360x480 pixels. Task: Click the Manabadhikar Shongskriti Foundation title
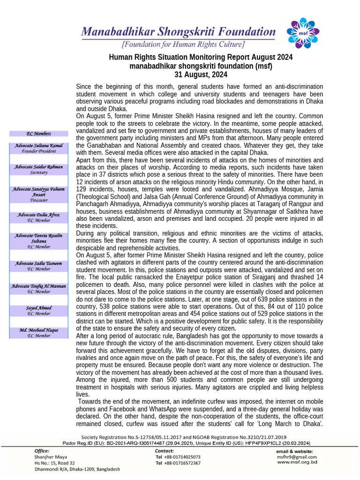point(178,32)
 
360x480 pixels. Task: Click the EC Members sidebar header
point(38,134)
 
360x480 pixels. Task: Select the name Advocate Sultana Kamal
point(38,146)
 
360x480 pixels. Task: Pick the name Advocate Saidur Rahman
point(38,167)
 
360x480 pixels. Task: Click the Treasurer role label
point(38,200)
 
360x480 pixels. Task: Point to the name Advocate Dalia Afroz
point(38,215)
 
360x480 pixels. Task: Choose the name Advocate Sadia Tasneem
point(38,264)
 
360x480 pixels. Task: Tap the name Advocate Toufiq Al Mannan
point(38,286)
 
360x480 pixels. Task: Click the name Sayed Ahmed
point(38,308)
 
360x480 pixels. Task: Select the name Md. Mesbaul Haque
point(38,330)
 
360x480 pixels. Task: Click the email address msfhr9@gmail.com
point(296,457)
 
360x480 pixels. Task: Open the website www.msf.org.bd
point(297,462)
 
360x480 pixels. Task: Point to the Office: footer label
point(42,450)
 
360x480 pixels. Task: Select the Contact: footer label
point(165,450)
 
